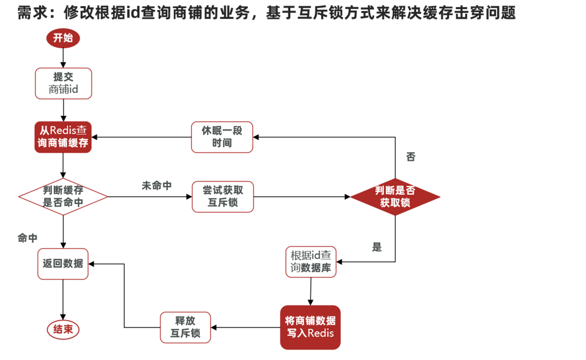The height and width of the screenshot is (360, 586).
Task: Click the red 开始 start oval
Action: [63, 38]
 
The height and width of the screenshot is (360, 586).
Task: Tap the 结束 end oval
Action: [63, 329]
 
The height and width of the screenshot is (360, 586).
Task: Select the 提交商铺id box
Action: [63, 83]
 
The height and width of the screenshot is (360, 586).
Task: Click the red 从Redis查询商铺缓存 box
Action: [63, 137]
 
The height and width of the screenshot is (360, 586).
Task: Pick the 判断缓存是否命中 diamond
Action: [63, 197]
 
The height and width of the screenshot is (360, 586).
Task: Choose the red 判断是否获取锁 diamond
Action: [395, 197]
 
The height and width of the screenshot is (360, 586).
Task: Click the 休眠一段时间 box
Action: [222, 137]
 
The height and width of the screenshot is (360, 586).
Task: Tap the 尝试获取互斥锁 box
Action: [223, 197]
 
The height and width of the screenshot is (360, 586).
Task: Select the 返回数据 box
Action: [63, 263]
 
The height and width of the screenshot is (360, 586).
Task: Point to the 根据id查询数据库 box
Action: [311, 262]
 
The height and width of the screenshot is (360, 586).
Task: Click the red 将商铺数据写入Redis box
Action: [310, 327]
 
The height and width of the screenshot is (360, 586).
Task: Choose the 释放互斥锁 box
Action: [185, 327]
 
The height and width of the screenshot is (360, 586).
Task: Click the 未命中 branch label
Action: [156, 186]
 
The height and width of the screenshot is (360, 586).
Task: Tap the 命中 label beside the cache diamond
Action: [27, 238]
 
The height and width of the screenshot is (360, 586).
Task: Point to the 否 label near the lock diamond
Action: [410, 157]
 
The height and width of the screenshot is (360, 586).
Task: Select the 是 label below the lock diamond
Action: [377, 247]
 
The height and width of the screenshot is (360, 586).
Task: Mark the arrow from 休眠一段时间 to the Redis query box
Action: [142, 137]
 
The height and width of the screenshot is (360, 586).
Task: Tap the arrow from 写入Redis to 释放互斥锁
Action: [245, 327]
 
